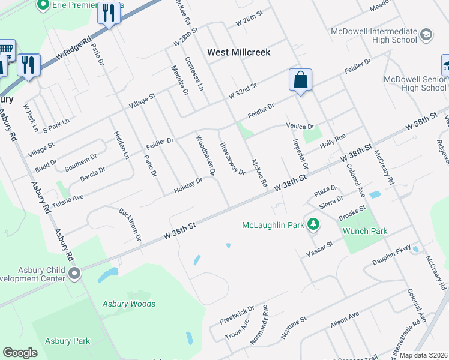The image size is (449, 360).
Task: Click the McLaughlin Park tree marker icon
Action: tap(312, 225)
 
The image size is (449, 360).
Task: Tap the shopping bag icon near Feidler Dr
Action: tap(300, 80)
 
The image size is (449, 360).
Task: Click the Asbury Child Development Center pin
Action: tap(74, 274)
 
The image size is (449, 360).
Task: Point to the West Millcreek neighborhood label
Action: tap(239, 52)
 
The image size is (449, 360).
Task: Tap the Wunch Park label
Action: tap(365, 231)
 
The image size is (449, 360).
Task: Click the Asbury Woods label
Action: tap(128, 304)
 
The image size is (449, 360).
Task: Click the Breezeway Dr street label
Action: tap(232, 158)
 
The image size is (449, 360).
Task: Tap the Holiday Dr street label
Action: tap(188, 187)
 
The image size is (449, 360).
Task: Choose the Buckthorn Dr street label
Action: tap(130, 224)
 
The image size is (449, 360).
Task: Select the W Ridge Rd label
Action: tap(74, 47)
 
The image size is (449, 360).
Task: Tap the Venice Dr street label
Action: tap(300, 127)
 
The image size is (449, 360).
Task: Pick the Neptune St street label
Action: tap(294, 328)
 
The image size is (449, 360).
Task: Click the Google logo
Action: tap(20, 353)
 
